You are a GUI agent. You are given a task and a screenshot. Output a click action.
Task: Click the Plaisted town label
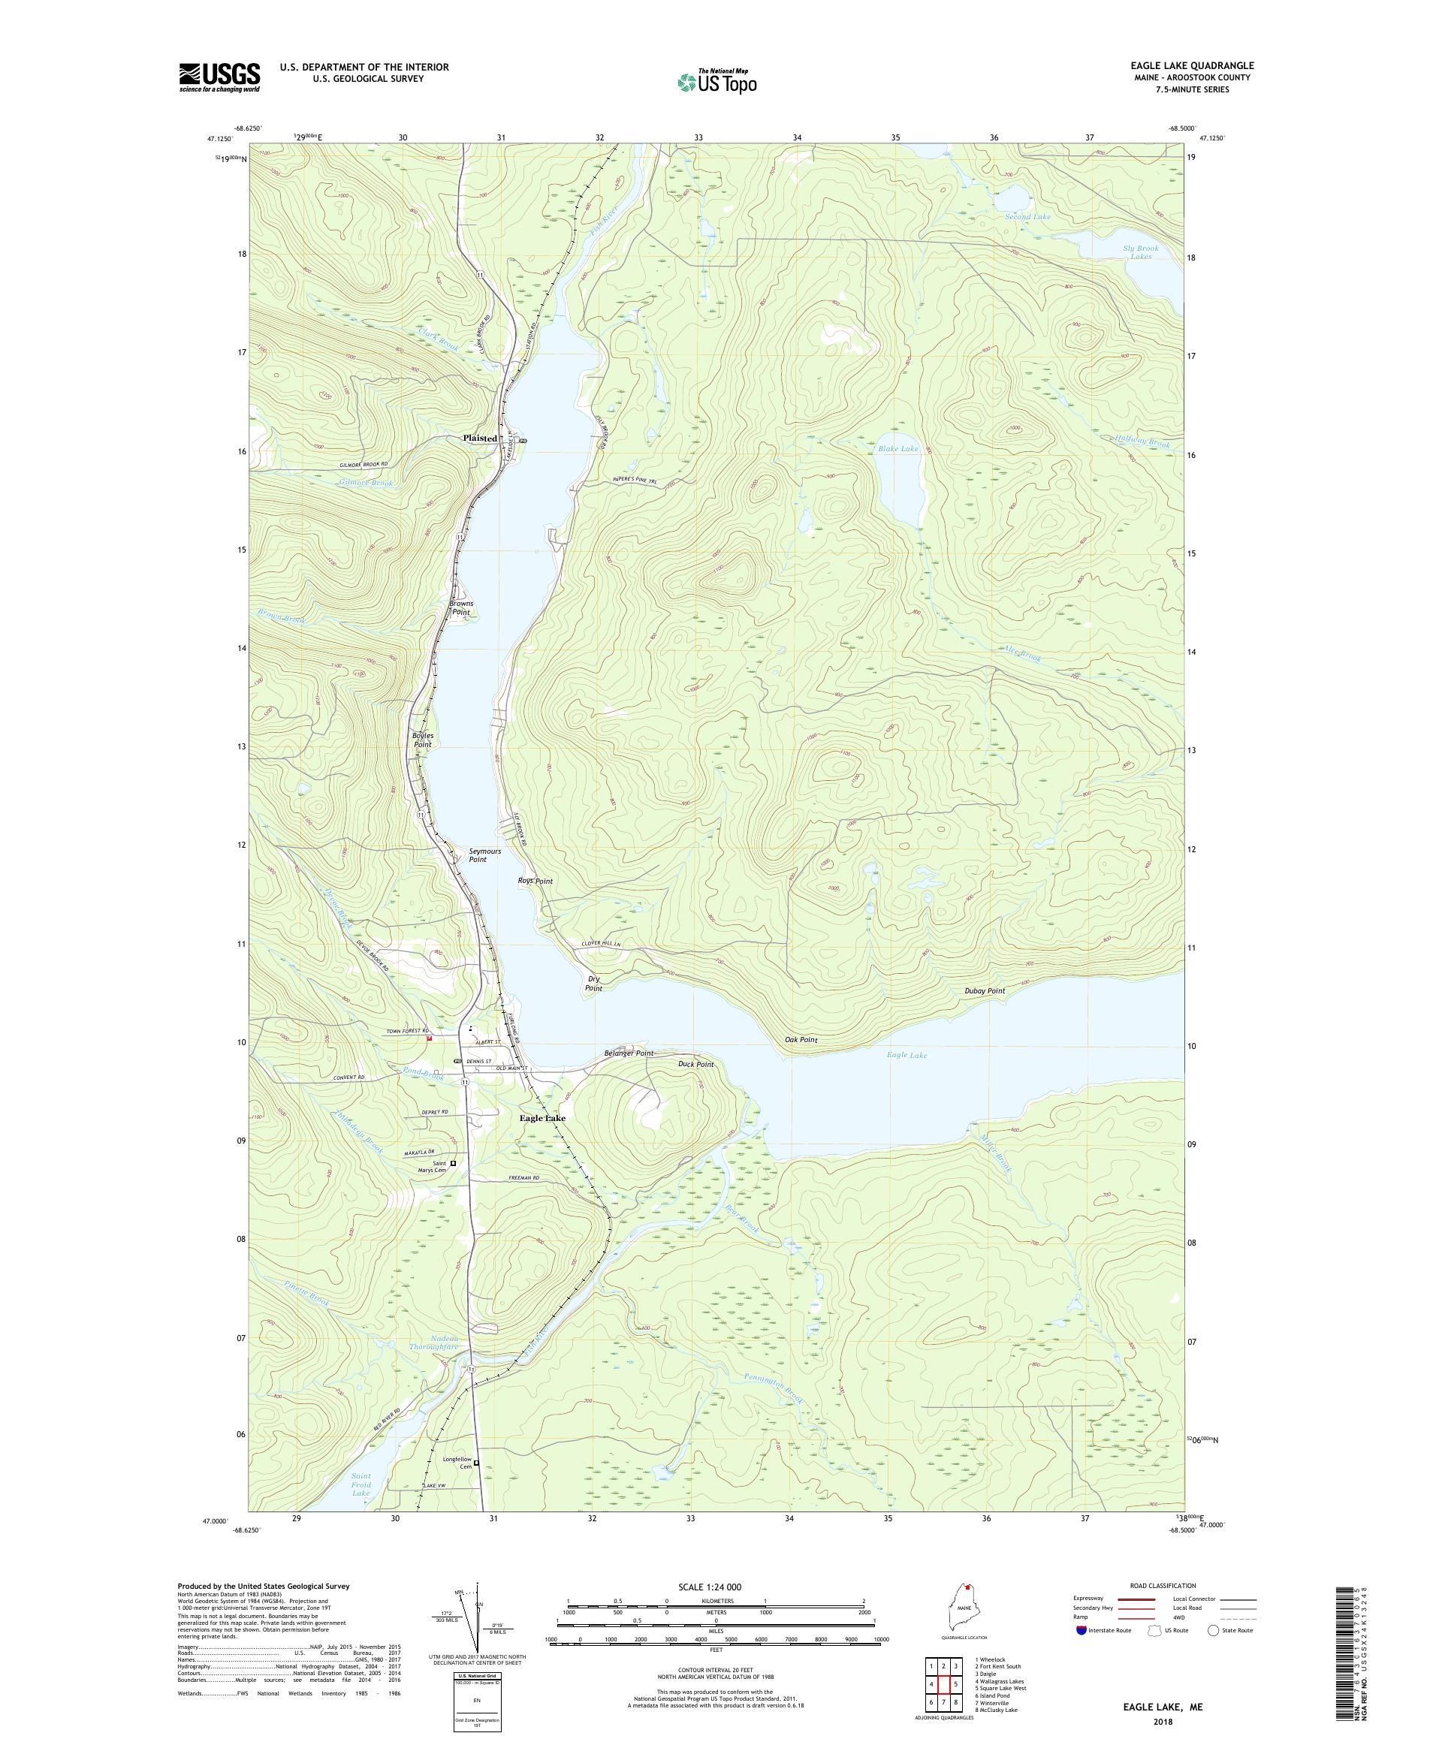(x=480, y=438)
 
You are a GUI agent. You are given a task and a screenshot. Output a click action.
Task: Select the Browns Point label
(x=461, y=607)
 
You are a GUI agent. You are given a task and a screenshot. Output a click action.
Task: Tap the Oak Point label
(x=801, y=1039)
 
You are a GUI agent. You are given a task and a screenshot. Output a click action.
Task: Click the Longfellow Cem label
(x=457, y=1463)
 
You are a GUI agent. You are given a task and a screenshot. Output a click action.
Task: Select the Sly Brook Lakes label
(x=1140, y=252)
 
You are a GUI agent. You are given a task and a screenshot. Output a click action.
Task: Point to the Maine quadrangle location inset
(x=964, y=1610)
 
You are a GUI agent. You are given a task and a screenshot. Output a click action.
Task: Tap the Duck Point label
(x=695, y=1064)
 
